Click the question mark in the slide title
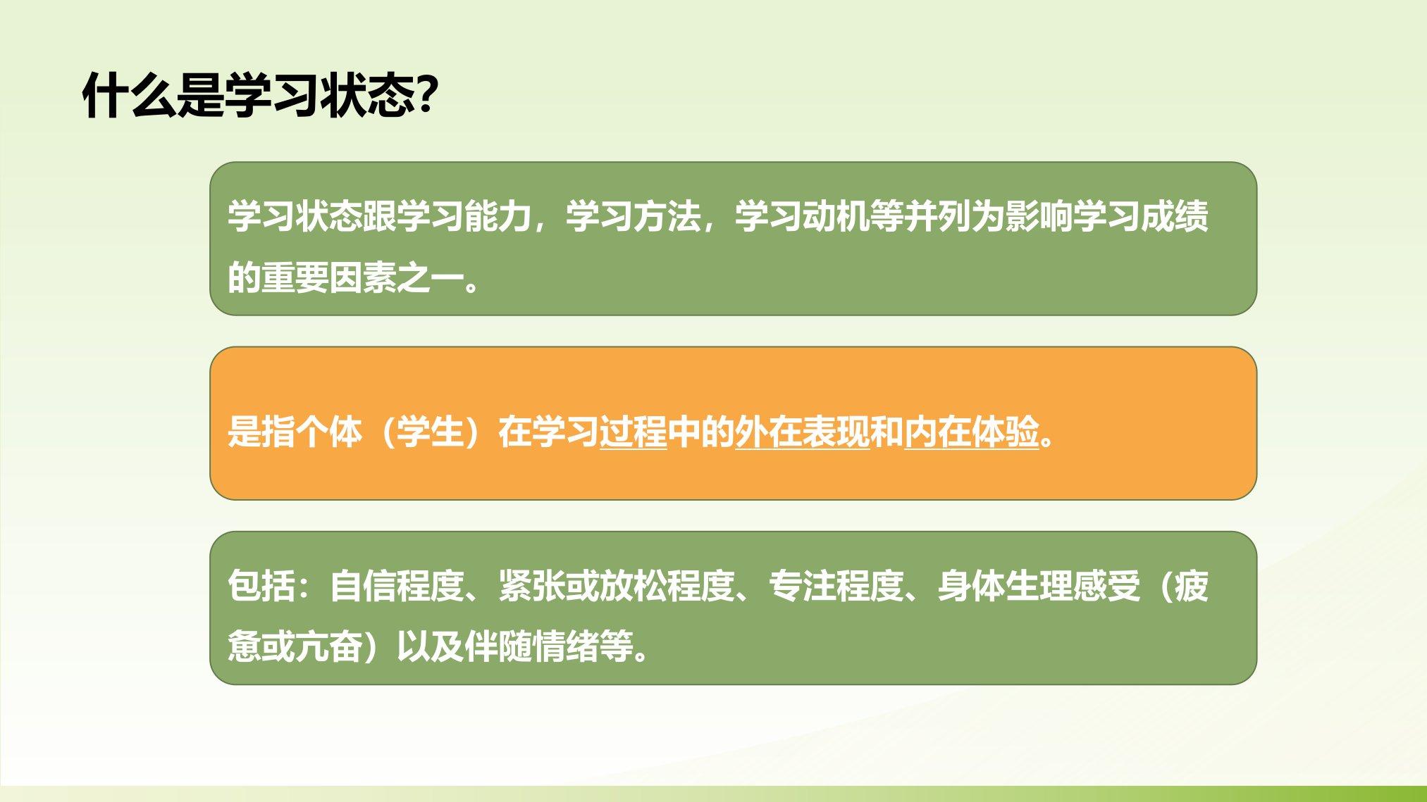coord(427,94)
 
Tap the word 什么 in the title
coord(130,94)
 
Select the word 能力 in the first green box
coord(498,215)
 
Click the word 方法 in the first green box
coord(667,215)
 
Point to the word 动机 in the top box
coord(836,215)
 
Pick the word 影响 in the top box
coord(1039,215)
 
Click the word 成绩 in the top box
coord(1174,215)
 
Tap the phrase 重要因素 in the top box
coord(328,277)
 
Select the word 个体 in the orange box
coord(328,431)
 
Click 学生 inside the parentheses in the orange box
coord(430,431)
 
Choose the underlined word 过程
coord(633,431)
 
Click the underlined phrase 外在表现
coord(802,431)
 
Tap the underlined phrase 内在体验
coord(971,431)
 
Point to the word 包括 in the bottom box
coord(261,585)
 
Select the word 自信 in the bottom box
coord(362,585)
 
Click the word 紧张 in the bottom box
coord(531,585)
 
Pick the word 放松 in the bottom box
coord(633,585)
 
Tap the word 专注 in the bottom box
coord(802,585)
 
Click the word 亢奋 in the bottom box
coord(328,646)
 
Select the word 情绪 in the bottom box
coord(565,646)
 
